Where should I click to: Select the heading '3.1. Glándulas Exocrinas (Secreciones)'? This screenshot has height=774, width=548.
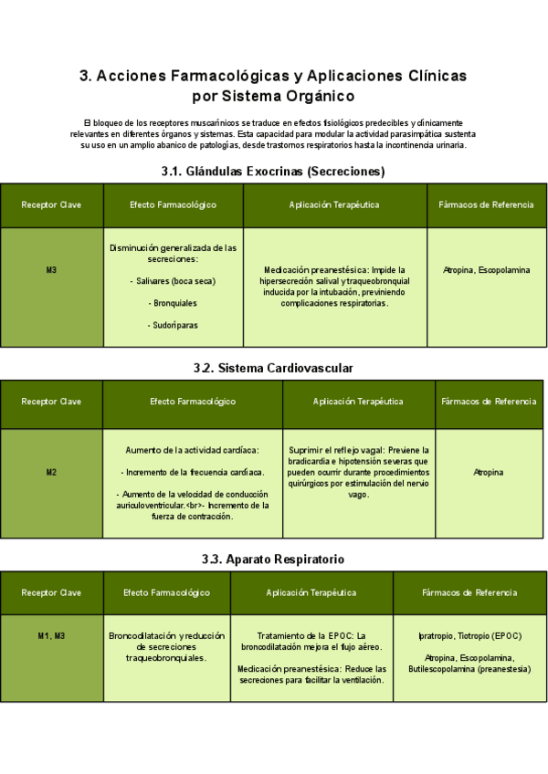[273, 171]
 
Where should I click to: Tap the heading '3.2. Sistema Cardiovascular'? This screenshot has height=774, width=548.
[273, 368]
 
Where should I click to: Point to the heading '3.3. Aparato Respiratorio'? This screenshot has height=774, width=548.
[273, 559]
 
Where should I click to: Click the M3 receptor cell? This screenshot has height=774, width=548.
[51, 270]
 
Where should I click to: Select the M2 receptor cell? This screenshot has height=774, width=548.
[51, 472]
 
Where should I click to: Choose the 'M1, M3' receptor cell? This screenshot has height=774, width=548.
[51, 635]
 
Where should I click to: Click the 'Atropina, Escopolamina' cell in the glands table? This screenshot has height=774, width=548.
[486, 270]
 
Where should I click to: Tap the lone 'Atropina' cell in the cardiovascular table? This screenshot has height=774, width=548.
[488, 472]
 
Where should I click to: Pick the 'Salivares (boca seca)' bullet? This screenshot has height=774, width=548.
[174, 281]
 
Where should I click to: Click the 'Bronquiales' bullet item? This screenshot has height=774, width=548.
[174, 303]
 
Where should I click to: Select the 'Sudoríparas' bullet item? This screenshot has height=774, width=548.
[174, 325]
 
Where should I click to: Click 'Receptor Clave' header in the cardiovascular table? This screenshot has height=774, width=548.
[51, 402]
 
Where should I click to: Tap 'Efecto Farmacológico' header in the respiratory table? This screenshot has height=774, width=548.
[166, 592]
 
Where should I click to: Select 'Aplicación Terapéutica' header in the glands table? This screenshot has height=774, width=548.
[334, 205]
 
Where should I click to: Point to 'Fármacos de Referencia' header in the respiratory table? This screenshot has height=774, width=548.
[469, 592]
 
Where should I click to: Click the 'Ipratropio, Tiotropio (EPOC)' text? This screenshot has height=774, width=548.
[469, 635]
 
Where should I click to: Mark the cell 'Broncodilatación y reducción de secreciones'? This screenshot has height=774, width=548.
[166, 646]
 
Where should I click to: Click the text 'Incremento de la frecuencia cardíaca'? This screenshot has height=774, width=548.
[195, 472]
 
